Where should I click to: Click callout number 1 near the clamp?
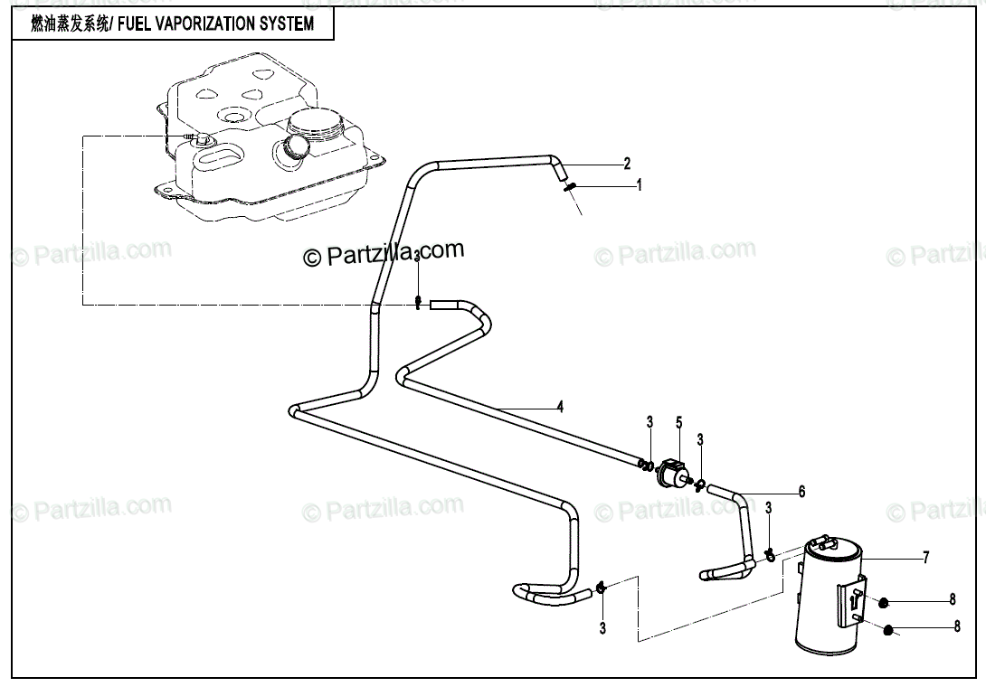(x=639, y=184)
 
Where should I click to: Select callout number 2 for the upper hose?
(x=626, y=164)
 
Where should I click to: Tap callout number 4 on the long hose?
(x=560, y=407)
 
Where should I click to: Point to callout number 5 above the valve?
(x=678, y=421)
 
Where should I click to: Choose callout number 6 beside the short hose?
(x=801, y=493)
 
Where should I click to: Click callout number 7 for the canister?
(x=925, y=558)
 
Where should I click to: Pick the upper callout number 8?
(x=952, y=598)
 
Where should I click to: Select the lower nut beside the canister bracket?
(x=889, y=630)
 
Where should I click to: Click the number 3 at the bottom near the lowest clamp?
(x=602, y=627)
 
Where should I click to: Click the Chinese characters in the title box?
(x=68, y=24)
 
